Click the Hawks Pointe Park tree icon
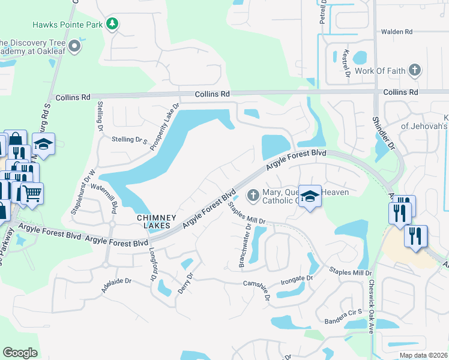click(112, 24)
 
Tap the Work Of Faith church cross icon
click(414, 71)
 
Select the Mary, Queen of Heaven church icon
click(253, 195)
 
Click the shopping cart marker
click(33, 193)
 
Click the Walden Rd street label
click(396, 31)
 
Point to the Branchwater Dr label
click(249, 236)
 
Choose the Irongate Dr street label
click(297, 278)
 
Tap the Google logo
click(20, 353)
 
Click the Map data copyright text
click(423, 355)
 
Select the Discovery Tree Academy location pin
click(74, 46)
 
